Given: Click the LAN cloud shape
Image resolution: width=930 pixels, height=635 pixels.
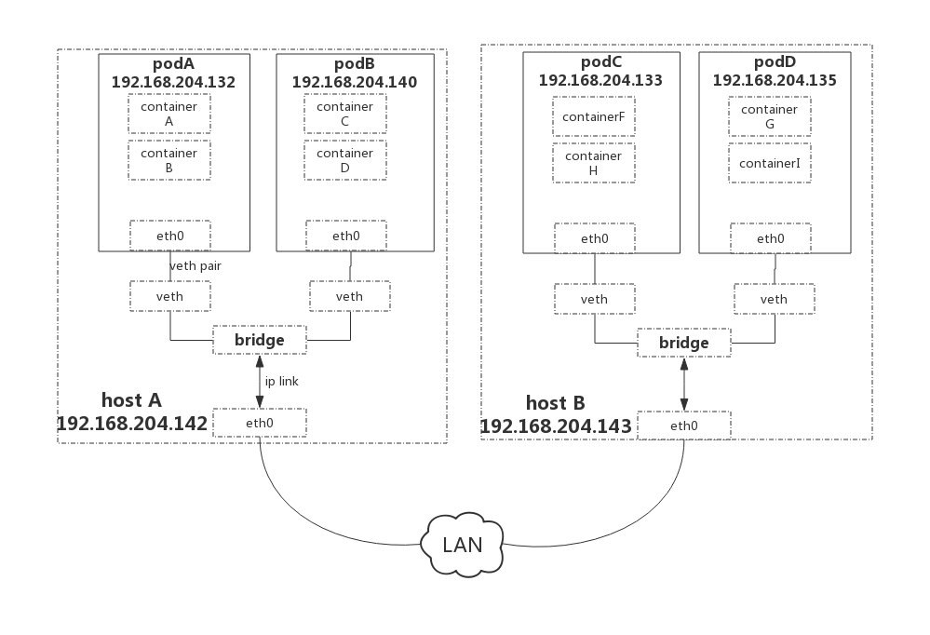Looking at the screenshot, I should (463, 545).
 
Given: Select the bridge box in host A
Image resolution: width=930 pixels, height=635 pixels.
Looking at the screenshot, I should (259, 340).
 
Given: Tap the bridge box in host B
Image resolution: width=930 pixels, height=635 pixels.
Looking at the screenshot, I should (683, 343).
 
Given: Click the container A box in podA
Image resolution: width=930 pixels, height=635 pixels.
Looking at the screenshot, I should (168, 114).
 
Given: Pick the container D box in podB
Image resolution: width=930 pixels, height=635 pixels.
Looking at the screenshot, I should (344, 160).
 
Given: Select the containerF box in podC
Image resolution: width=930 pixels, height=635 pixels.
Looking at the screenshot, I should (594, 117).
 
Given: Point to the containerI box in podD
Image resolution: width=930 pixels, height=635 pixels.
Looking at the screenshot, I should (769, 164).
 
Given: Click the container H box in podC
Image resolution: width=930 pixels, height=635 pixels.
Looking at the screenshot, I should (594, 163).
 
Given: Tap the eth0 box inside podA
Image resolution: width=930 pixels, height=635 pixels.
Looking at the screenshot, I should (169, 236).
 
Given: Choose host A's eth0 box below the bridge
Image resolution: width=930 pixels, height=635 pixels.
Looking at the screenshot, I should (259, 423).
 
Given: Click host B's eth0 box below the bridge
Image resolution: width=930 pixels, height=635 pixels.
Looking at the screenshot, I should (683, 426).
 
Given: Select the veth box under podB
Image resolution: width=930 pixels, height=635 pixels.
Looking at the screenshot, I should (349, 296).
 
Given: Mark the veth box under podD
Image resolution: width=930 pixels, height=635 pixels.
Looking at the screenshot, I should (774, 299).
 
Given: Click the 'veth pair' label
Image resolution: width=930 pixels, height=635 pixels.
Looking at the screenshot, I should (195, 266).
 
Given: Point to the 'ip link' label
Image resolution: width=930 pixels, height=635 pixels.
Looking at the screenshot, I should (280, 381).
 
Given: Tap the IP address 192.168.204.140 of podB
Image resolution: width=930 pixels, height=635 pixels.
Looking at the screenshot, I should (354, 82).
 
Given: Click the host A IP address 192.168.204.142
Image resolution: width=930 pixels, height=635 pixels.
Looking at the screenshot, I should (132, 424).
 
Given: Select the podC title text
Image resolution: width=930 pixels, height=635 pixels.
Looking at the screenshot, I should (600, 61).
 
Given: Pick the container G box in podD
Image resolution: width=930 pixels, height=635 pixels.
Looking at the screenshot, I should (769, 116).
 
